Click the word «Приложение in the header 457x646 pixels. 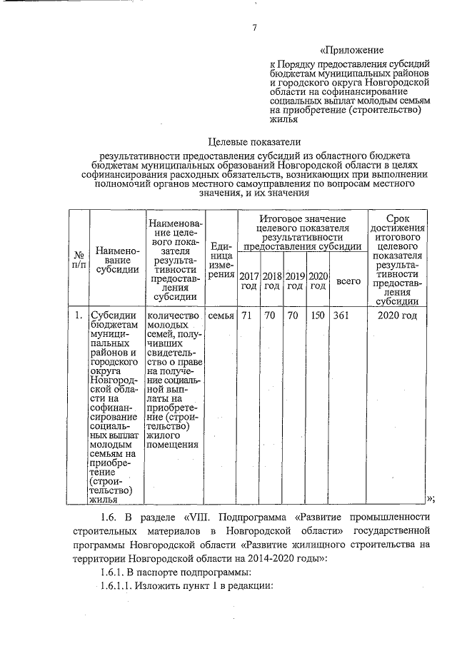pos(352,51)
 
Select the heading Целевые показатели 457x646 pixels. pos(253,141)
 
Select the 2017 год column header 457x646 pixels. pos(249,281)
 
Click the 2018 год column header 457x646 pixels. pos(272,281)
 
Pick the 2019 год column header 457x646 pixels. pos(295,281)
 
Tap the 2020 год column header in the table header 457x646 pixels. pos(318,281)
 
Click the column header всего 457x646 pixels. pos(348,281)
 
